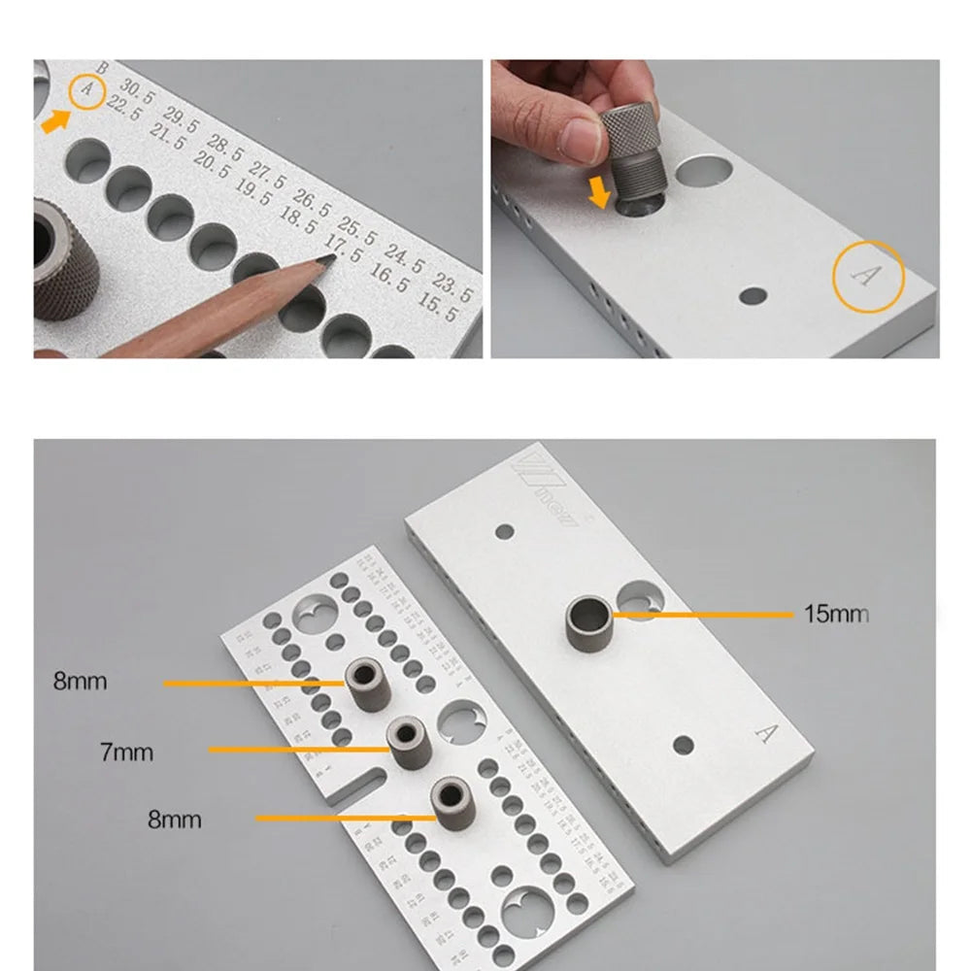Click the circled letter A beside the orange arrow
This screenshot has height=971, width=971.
pos(88,90)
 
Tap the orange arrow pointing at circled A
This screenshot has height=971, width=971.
pos(55,121)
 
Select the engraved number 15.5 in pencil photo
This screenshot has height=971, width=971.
pos(436,314)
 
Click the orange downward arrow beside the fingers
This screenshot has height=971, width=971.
pos(600,192)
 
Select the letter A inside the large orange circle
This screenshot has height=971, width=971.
pos(866,277)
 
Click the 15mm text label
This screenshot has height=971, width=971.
pos(835,614)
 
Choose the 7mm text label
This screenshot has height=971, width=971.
pos(126,752)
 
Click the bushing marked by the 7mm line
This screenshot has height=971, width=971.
pos(408,743)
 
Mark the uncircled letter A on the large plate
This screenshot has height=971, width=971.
pos(766,733)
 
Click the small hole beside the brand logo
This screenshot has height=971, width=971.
pos(503,532)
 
